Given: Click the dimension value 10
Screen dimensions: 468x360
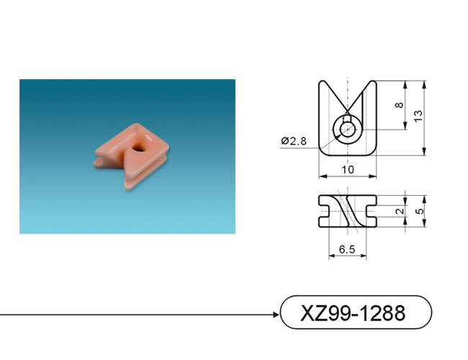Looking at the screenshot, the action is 348,169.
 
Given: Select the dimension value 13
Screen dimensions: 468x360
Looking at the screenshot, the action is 418,115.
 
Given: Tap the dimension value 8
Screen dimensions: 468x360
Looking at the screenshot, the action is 399,105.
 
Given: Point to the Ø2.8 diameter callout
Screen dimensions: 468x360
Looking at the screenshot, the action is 294,140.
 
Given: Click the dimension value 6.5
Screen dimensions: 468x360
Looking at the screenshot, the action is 347,249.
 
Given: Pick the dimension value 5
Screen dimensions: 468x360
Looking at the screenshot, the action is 419,211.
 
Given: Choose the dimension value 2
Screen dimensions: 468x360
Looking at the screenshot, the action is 400,211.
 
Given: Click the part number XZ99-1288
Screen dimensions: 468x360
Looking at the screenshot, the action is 353,313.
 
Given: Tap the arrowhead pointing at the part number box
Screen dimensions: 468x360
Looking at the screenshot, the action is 276,315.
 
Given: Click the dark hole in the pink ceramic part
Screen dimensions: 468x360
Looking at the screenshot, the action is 138,147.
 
